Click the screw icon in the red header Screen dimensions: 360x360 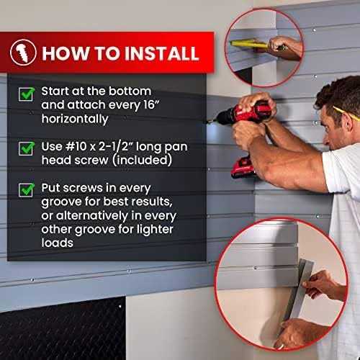click(23, 53)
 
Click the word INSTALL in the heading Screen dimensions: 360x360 click(162, 53)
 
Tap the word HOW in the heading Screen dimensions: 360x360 click(66, 53)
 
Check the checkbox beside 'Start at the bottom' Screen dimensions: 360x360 click(27, 94)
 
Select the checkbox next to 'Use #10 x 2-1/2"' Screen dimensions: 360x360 click(27, 148)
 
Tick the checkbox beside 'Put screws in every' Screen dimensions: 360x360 click(27, 190)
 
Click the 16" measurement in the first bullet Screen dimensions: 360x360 click(152, 104)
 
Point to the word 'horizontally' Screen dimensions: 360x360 click(75, 119)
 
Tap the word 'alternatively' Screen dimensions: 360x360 click(92, 215)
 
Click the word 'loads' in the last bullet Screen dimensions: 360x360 click(58, 243)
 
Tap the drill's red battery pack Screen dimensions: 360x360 click(243, 167)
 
